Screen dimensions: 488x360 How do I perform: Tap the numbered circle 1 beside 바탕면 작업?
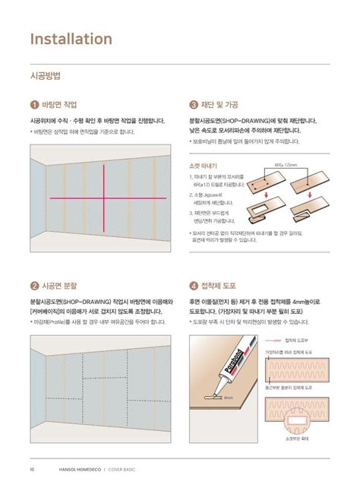coord(34,104)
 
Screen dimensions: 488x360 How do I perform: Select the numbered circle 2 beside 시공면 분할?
coord(34,287)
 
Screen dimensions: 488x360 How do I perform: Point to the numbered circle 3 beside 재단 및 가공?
coord(194,104)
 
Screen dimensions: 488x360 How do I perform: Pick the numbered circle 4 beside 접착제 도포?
coord(194,287)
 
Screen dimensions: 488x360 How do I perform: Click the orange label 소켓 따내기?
coord(204,165)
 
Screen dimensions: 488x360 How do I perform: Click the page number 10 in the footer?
coord(32,469)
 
